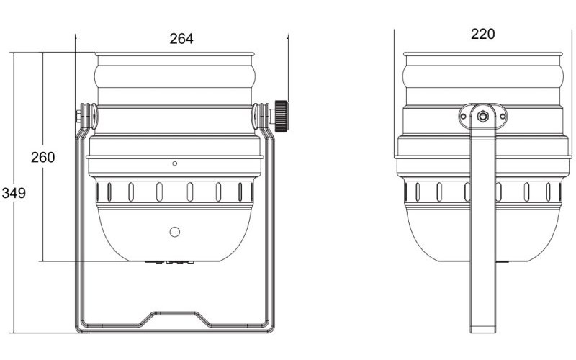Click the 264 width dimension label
tap(181, 39)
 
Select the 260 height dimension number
tap(42, 157)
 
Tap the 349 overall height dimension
tap(13, 193)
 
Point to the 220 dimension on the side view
tap(482, 34)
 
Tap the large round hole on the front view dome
tap(174, 231)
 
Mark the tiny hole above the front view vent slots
tap(174, 164)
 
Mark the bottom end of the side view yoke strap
tap(482, 329)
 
